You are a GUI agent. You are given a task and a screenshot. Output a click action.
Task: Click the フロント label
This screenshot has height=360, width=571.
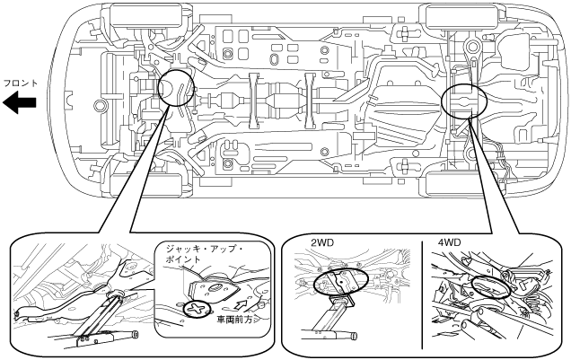click(20, 83)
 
